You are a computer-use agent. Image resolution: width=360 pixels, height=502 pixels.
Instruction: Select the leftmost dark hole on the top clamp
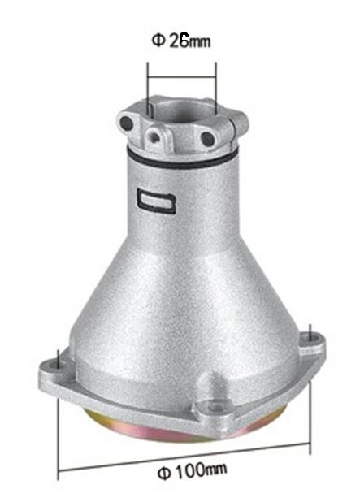(127, 123)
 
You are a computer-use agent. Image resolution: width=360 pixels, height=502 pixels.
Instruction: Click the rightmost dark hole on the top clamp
(208, 139)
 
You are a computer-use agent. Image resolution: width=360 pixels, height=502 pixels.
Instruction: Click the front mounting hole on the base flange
(214, 402)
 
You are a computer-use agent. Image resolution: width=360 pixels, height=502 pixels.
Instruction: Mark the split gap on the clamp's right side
(241, 121)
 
